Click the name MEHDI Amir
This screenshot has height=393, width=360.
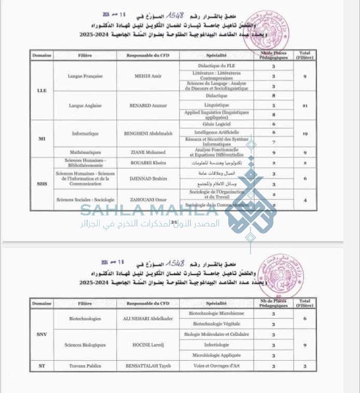[x=148, y=76]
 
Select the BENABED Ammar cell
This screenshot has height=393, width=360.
[x=148, y=105]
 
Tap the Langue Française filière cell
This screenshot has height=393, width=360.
[x=85, y=76]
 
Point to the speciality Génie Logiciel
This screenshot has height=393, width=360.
[x=216, y=125]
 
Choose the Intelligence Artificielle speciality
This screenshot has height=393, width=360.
[x=216, y=133]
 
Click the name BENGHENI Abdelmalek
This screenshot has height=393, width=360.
[x=148, y=133]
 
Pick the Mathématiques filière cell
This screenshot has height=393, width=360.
[x=85, y=152]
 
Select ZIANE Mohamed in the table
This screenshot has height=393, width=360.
[x=148, y=152]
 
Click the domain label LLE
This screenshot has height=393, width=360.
[x=41, y=90]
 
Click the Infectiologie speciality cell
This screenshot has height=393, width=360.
[x=216, y=345]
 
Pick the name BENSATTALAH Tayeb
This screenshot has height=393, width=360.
[x=148, y=366]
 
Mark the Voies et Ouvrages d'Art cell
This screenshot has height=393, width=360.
[x=216, y=366]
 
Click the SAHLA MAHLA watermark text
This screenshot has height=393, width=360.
[x=150, y=211]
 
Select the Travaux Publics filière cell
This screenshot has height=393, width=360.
[x=85, y=366]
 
